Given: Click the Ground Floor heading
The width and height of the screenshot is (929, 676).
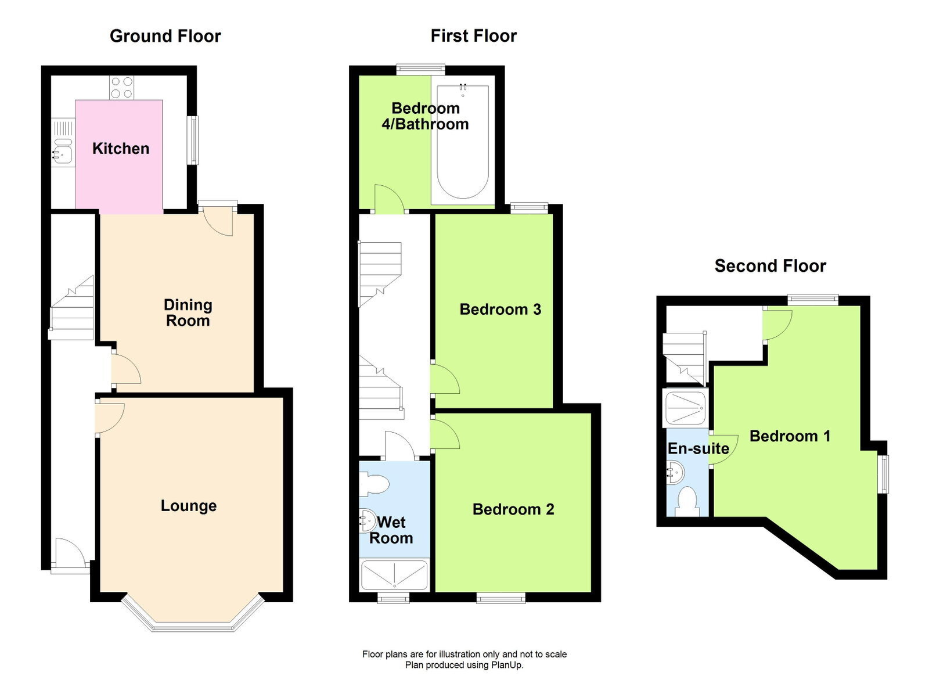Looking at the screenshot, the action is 165,36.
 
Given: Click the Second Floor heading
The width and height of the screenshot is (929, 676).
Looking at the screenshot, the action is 770,266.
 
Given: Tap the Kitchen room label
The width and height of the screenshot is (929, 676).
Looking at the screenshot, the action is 121,149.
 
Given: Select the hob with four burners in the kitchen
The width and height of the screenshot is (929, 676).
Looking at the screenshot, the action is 122,88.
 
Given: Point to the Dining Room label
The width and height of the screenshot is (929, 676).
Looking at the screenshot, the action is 188,312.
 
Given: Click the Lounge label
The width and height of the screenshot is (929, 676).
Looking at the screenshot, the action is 189,506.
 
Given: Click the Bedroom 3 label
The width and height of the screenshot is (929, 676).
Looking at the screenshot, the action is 500,310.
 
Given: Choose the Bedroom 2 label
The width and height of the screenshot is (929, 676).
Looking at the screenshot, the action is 513,509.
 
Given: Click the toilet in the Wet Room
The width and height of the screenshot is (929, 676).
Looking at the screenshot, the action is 374,484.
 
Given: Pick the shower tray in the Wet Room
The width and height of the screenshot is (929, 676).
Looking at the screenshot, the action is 394,575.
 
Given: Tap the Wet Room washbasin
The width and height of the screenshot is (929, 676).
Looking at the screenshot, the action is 368,520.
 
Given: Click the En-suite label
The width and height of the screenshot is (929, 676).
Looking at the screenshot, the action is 698,448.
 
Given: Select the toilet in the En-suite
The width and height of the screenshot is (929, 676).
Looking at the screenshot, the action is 687,501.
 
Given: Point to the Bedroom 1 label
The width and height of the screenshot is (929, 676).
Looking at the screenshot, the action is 790,436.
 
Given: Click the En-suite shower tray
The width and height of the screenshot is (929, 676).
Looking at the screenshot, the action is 686,408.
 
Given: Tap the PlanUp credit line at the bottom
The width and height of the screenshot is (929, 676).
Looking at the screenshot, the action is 464,665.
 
